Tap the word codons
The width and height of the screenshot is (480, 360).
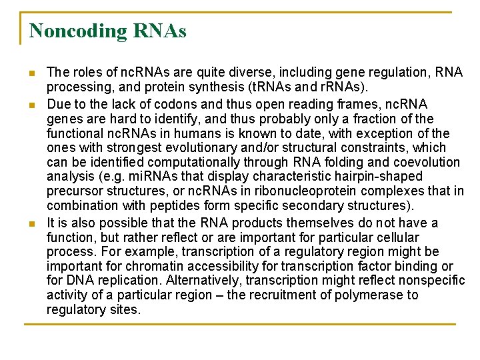(x=181, y=104)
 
